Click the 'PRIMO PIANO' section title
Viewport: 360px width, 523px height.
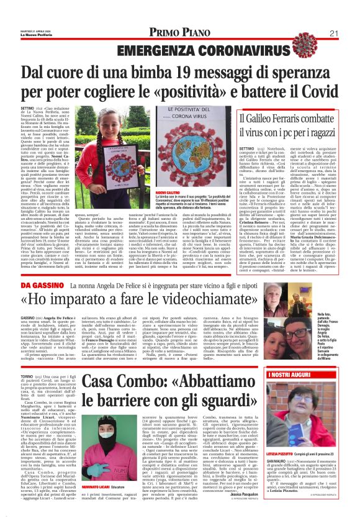click(x=180, y=34)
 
